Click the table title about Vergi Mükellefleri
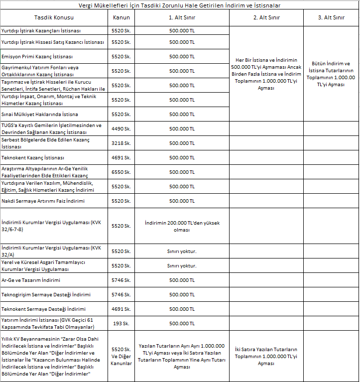pyautogui.click(x=180, y=5)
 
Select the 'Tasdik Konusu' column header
pyautogui.click(x=54, y=17)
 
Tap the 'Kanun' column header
pyautogui.click(x=121, y=17)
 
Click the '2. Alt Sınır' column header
pyautogui.click(x=266, y=17)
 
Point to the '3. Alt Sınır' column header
pyautogui.click(x=331, y=17)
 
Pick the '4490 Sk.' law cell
pyautogui.click(x=121, y=128)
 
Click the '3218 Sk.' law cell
pyautogui.click(x=121, y=143)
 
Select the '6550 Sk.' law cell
pyautogui.click(x=121, y=172)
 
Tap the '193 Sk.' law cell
pyautogui.click(x=121, y=324)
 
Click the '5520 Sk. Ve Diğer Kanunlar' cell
pyautogui.click(x=121, y=356)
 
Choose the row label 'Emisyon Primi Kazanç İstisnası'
pyautogui.click(x=37, y=56)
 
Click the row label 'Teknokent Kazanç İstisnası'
pyautogui.click(x=33, y=157)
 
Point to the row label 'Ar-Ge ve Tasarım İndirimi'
pyautogui.click(x=31, y=280)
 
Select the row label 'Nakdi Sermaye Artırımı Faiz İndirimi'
pyautogui.click(x=43, y=201)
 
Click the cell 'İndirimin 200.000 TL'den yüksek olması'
pyautogui.click(x=182, y=226)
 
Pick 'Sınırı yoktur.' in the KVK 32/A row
pyautogui.click(x=182, y=251)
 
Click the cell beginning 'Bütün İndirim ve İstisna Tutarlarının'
pyautogui.click(x=331, y=74)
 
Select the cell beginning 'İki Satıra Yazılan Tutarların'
pyautogui.click(x=266, y=356)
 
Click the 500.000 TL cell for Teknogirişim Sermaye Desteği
pyautogui.click(x=182, y=295)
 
